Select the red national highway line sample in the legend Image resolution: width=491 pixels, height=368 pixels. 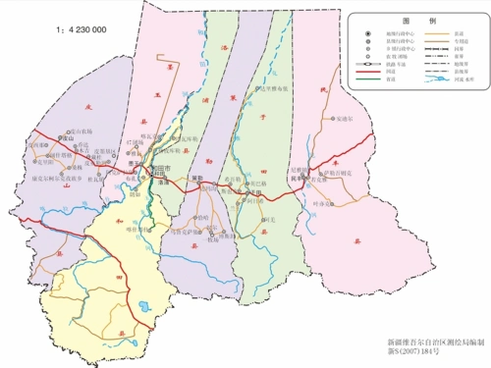pos(378,73)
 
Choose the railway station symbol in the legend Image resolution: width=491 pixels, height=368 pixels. pos(378,64)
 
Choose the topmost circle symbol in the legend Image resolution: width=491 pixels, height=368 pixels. pos(378,32)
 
